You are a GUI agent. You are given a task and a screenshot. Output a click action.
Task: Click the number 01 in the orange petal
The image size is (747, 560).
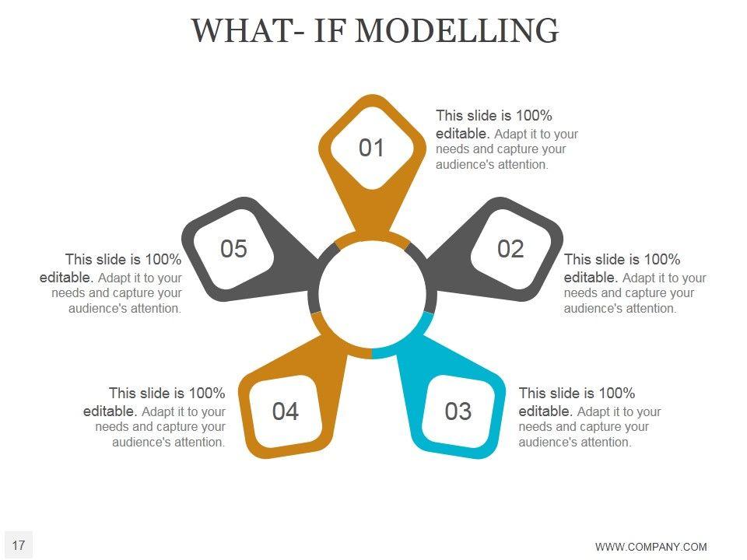pyautogui.click(x=371, y=148)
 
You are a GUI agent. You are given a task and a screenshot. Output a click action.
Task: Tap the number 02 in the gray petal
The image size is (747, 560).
pyautogui.click(x=510, y=249)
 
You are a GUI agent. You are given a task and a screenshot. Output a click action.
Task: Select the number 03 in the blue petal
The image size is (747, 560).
pyautogui.click(x=458, y=411)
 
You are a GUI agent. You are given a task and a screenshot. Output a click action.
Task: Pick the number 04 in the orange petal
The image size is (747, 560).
pyautogui.click(x=286, y=411)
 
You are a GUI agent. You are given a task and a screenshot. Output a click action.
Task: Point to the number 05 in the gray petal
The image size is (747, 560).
pyautogui.click(x=233, y=249)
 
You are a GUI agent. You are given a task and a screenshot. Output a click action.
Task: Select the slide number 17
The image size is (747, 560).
pyautogui.click(x=19, y=545)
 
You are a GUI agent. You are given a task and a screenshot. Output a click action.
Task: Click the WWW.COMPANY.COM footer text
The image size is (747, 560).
pyautogui.click(x=651, y=547)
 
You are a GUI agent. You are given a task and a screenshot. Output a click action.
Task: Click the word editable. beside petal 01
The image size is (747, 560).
pyautogui.click(x=462, y=133)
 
